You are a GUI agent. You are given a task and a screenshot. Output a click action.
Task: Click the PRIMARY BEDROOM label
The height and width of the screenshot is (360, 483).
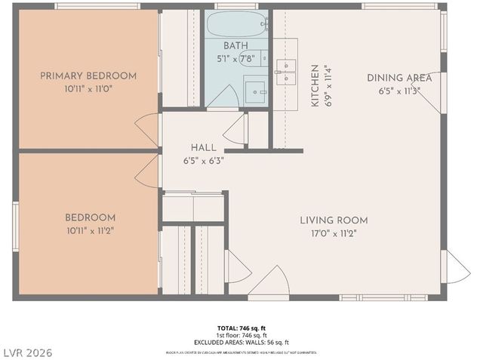click(x=88, y=75)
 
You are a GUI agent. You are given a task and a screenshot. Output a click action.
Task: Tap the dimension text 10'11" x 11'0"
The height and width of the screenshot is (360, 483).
click(x=88, y=88)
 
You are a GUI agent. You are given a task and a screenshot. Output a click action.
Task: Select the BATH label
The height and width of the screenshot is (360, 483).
click(x=235, y=46)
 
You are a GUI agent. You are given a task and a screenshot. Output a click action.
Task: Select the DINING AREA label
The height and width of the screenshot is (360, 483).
click(x=399, y=77)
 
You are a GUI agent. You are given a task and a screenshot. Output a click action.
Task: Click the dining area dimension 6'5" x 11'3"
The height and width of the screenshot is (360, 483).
click(x=399, y=91)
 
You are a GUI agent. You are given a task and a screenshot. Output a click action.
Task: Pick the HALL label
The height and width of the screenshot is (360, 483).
click(x=204, y=147)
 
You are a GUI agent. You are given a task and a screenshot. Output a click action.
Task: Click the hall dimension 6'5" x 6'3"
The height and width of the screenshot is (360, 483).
click(x=204, y=160)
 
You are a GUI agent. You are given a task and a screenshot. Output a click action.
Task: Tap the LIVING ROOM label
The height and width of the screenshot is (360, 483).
click(x=334, y=220)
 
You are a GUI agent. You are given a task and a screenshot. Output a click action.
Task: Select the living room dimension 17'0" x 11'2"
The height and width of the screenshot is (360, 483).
click(x=334, y=233)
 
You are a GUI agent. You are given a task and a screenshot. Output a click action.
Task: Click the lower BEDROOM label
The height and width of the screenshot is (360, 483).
click(x=90, y=217)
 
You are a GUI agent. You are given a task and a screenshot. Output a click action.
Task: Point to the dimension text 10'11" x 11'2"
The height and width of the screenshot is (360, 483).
click(x=90, y=230)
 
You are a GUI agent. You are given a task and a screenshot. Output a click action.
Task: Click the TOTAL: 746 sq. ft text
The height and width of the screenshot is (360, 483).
click(x=241, y=328)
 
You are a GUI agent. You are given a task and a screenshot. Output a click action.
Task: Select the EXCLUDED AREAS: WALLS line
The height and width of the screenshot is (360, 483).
click(x=241, y=342)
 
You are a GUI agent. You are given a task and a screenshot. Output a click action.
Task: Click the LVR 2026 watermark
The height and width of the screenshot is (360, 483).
click(x=27, y=352)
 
